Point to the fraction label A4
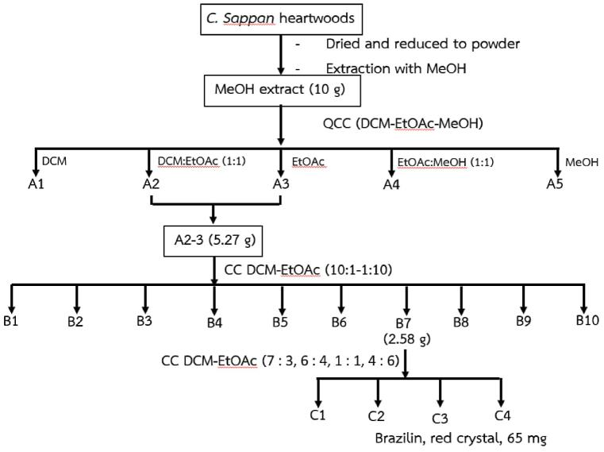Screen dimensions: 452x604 point(390,186)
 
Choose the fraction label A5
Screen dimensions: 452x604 point(555,184)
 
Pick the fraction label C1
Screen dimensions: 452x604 point(318,415)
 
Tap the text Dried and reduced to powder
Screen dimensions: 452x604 point(423,44)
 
